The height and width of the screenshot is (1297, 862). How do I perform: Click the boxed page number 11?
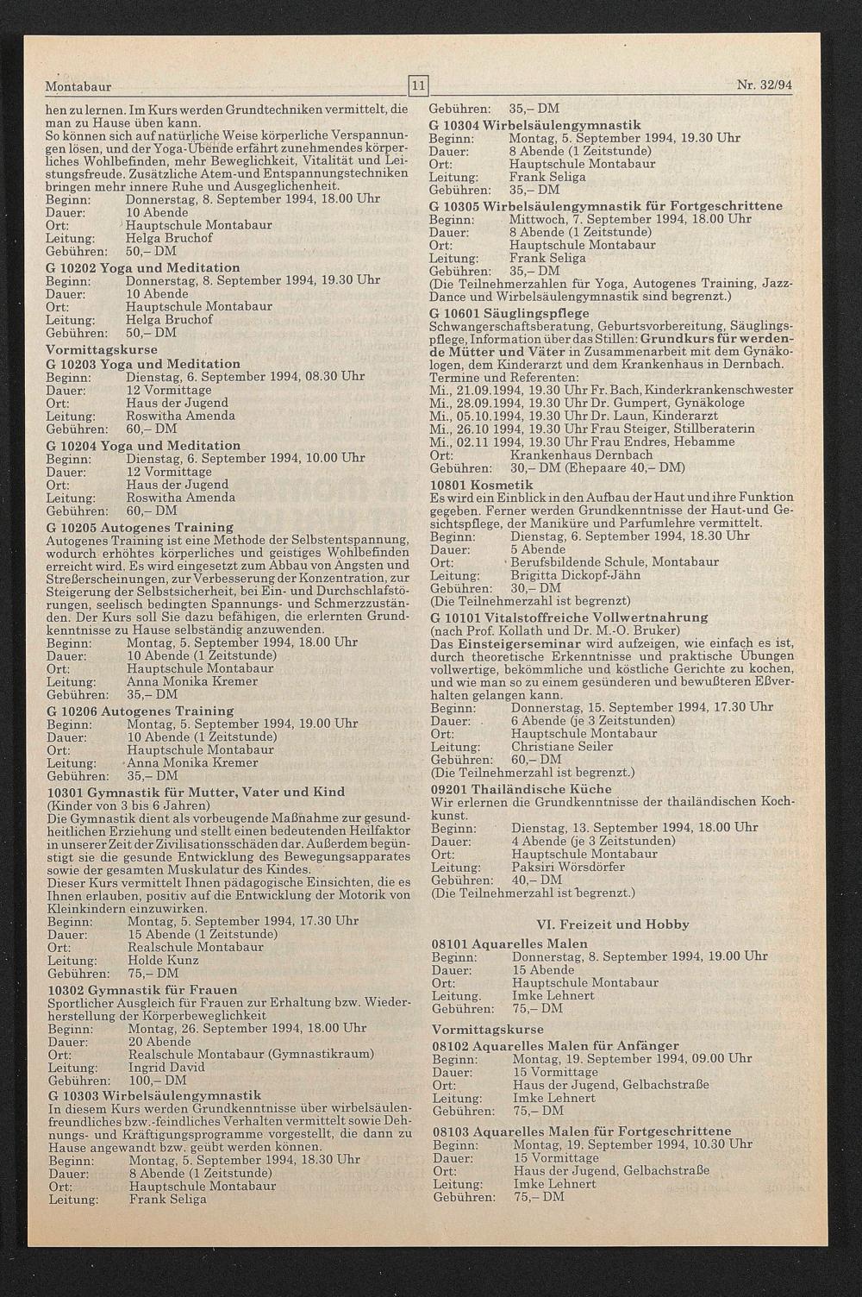coord(417,85)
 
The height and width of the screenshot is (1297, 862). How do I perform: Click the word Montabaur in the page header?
coord(78,87)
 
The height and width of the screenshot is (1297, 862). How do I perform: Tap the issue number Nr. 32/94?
coord(765,86)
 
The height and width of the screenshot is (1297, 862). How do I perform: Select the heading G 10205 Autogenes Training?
coord(140,527)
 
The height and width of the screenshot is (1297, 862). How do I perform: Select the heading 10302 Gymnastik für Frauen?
coord(142,989)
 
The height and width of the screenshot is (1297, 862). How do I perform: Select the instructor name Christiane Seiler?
coord(562,746)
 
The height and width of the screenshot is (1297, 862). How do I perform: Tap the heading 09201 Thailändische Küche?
coord(521,789)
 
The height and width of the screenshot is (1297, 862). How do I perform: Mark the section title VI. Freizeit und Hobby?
coord(613,924)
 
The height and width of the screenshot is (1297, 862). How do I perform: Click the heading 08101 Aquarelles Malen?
coord(509,943)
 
